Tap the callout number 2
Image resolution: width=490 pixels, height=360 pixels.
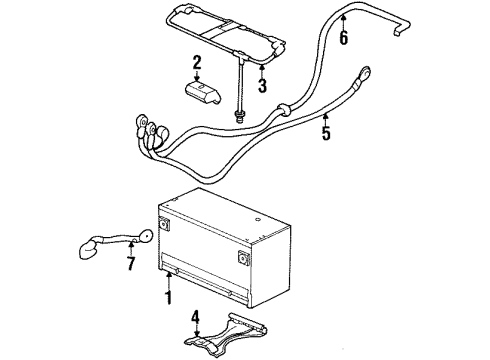click(x=197, y=62)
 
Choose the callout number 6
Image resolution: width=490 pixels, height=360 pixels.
click(x=344, y=38)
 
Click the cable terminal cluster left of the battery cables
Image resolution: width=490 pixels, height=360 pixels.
click(x=146, y=134)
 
